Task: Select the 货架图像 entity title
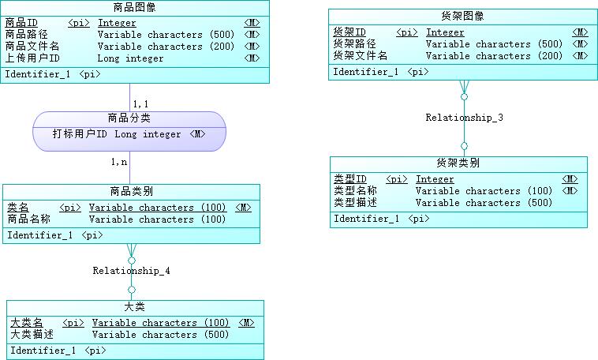pyautogui.click(x=463, y=17)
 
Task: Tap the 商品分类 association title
pyautogui.click(x=129, y=118)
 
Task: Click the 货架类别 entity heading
pyautogui.click(x=458, y=163)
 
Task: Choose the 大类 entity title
pyautogui.click(x=134, y=306)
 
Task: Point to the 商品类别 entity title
pyautogui.click(x=131, y=191)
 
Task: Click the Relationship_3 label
pyautogui.click(x=464, y=118)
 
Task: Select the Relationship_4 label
pyautogui.click(x=131, y=271)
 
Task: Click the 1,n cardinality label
pyautogui.click(x=119, y=162)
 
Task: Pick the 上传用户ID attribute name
pyautogui.click(x=32, y=58)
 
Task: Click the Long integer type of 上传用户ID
pyautogui.click(x=130, y=58)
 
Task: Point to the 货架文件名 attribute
pyautogui.click(x=361, y=56)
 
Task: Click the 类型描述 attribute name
pyautogui.click(x=355, y=203)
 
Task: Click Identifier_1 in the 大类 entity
pyautogui.click(x=43, y=351)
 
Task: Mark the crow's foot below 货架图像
pyautogui.click(x=464, y=87)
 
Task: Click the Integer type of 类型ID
pyautogui.click(x=435, y=179)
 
